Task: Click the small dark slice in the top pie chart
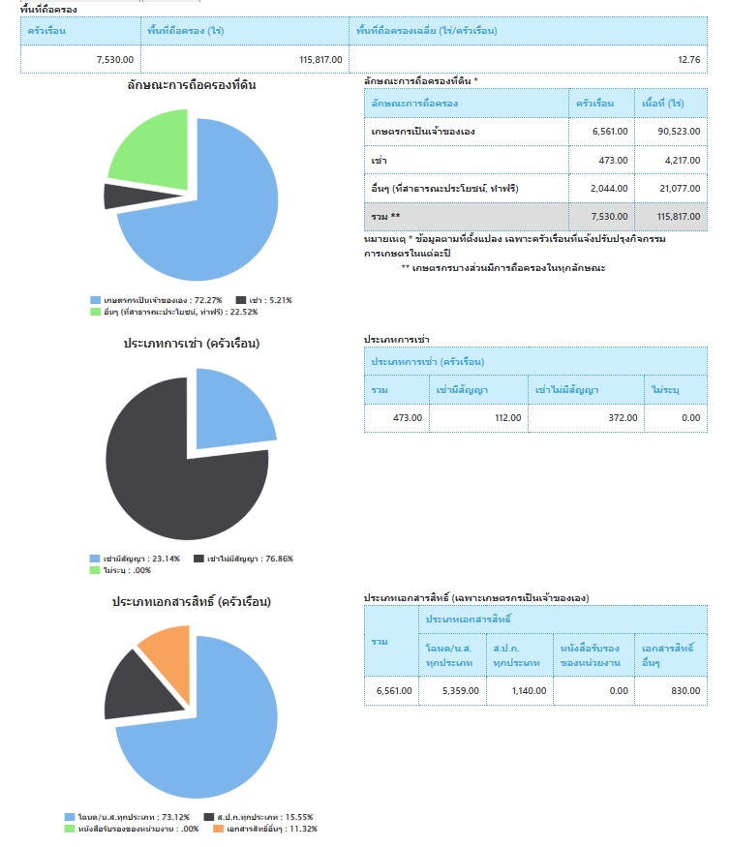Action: (x=118, y=196)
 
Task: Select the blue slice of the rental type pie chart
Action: (x=229, y=407)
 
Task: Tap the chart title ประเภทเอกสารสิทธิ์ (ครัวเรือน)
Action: (x=191, y=602)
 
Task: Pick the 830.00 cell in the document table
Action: (x=671, y=690)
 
